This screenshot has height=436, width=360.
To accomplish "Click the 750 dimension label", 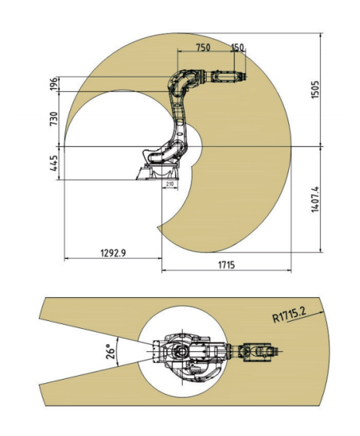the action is [203, 47].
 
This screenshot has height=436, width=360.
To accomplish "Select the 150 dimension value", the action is [237, 47].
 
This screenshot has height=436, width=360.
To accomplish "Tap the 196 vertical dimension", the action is [54, 84].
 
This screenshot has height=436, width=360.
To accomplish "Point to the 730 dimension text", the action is [54, 119].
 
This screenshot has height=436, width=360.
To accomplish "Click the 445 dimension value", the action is [54, 163].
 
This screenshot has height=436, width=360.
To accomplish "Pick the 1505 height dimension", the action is [315, 90].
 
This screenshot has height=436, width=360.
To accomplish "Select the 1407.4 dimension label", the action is [315, 200].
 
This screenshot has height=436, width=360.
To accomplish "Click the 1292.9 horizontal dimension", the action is [113, 253].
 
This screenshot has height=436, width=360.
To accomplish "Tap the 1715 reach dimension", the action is [226, 265].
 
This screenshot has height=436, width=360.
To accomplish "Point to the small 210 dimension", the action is [170, 184].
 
